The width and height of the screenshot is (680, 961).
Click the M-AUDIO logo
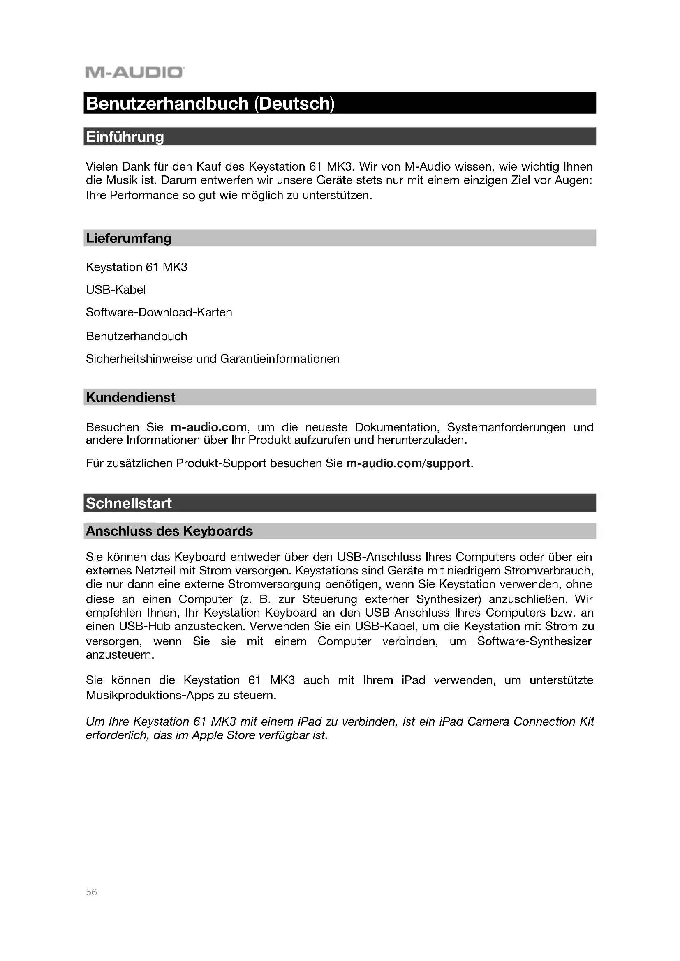tap(134, 72)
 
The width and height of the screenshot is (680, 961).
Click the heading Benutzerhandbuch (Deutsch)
tap(210, 104)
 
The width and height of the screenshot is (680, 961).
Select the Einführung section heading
tap(125, 137)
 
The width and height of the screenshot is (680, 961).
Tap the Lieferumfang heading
tap(129, 238)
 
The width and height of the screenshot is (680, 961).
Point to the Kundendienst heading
tap(130, 397)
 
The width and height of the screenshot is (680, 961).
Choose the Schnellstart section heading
tap(129, 503)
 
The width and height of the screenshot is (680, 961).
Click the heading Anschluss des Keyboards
tap(169, 531)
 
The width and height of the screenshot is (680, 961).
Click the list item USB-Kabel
tap(116, 290)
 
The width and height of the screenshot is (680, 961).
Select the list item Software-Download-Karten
tap(159, 312)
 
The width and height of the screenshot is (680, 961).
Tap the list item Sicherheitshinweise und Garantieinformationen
tap(213, 359)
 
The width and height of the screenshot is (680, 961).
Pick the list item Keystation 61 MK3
tap(136, 267)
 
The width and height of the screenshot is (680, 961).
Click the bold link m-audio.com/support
tap(408, 463)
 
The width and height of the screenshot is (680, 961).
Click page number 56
tap(91, 892)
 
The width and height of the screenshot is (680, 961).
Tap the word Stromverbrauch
tap(548, 571)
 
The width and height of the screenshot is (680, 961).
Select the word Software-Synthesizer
tap(534, 641)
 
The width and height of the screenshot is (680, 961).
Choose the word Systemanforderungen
tap(506, 427)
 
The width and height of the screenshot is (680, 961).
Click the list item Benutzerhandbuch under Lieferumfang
tap(136, 336)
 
